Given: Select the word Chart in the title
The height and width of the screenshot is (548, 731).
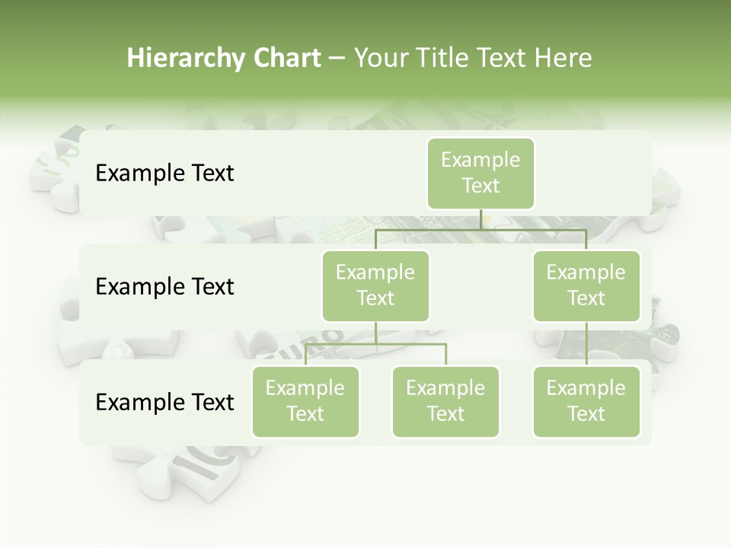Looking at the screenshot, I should pyautogui.click(x=286, y=59).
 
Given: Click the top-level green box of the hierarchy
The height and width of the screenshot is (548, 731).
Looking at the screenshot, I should pyautogui.click(x=480, y=173).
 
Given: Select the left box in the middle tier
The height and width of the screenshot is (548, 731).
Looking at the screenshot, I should pyautogui.click(x=375, y=285).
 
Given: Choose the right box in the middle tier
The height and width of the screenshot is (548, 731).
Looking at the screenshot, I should pyautogui.click(x=586, y=285).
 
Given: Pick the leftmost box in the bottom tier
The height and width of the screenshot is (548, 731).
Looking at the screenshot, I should pyautogui.click(x=305, y=401).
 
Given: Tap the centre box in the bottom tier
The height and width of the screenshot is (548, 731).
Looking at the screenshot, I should pyautogui.click(x=445, y=401).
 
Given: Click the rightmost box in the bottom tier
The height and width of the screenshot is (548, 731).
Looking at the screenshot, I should pyautogui.click(x=586, y=401).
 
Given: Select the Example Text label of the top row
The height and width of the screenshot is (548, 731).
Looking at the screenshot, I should pyautogui.click(x=164, y=173).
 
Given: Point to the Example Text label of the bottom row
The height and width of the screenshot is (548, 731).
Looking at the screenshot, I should pyautogui.click(x=164, y=402).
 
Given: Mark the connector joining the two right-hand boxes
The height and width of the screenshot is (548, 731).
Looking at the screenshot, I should pyautogui.click(x=586, y=343).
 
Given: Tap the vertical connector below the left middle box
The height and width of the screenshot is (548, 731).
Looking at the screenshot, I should pyautogui.click(x=375, y=333).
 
